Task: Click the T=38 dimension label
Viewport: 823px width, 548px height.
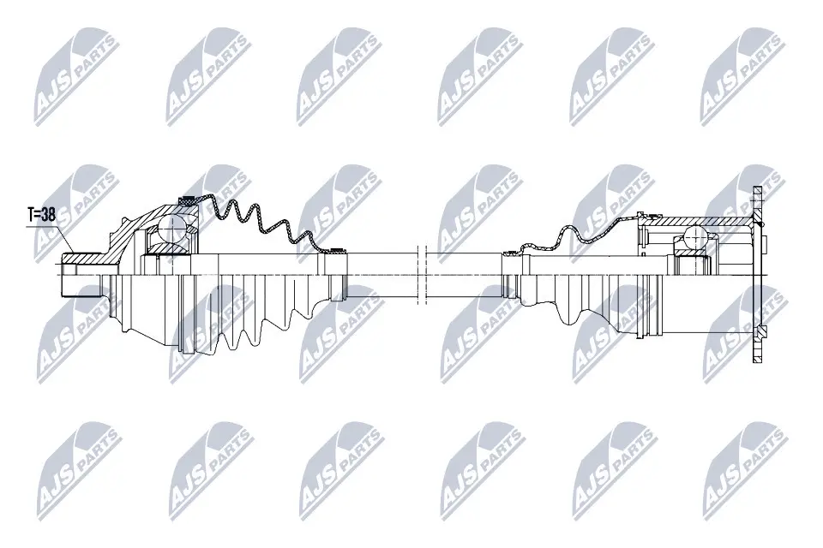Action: (40, 216)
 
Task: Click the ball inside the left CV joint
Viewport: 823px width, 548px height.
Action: (174, 229)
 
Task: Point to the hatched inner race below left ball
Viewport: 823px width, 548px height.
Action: (171, 249)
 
